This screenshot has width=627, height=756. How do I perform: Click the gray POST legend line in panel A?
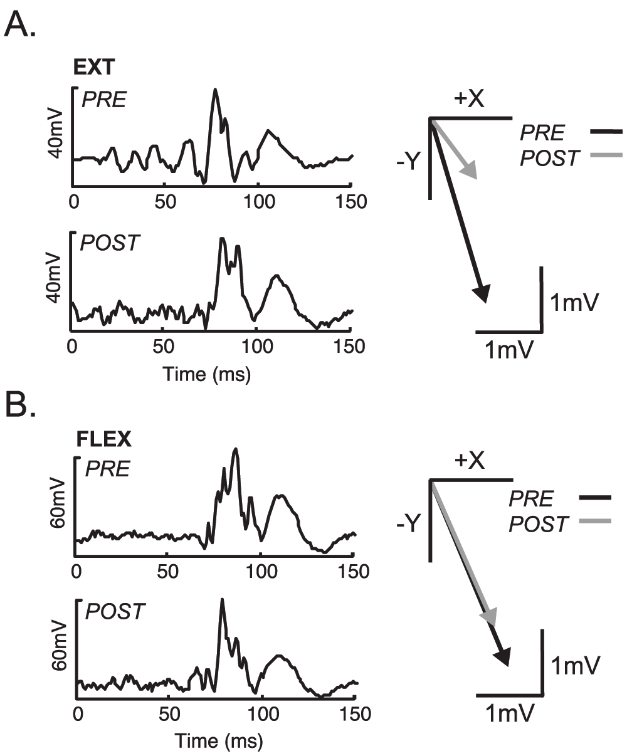(606, 155)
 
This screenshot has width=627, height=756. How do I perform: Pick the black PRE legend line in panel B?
(596, 498)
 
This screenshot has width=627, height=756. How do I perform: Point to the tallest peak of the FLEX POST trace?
(221, 600)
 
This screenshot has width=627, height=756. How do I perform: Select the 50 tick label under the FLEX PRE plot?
(166, 572)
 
